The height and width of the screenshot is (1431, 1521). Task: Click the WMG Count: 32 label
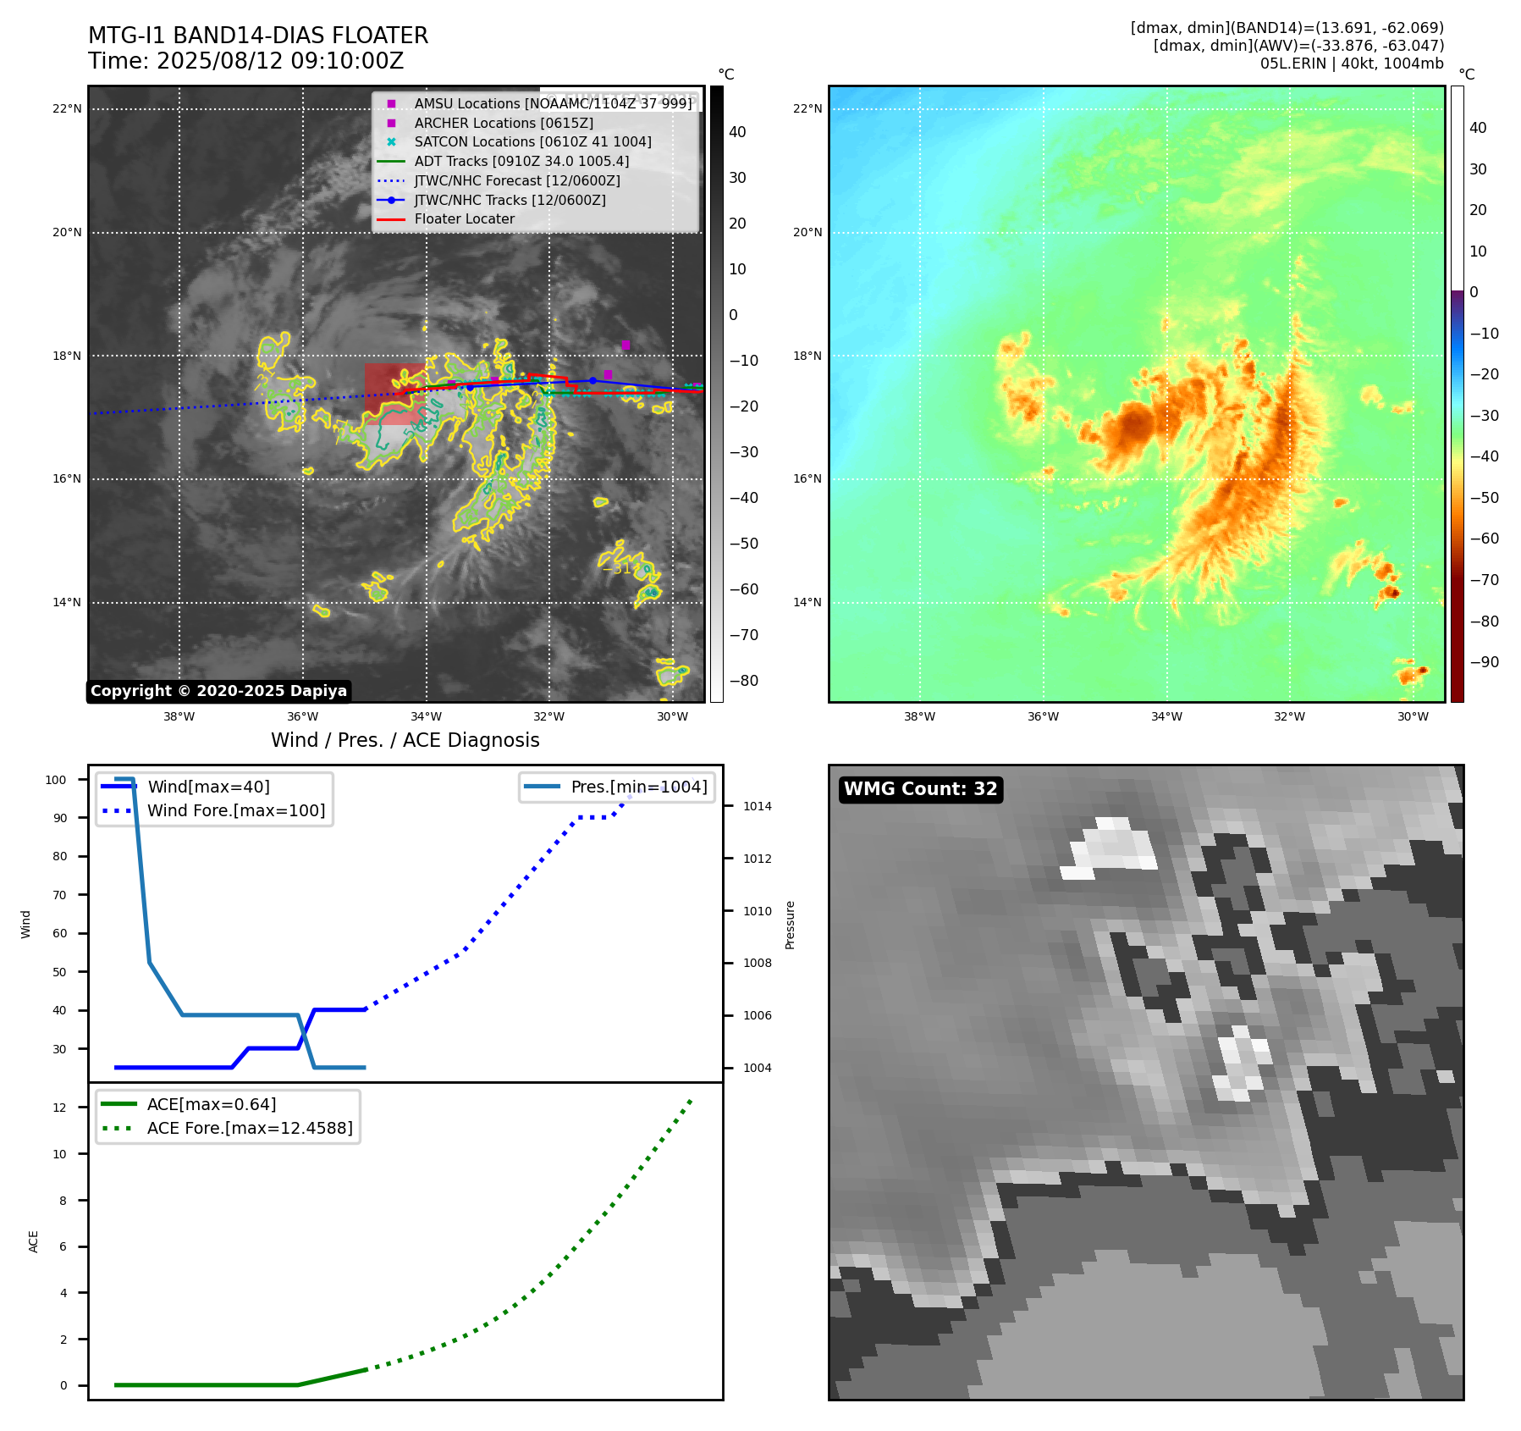[920, 789]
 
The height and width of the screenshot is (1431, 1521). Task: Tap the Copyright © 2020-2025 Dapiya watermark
[218, 691]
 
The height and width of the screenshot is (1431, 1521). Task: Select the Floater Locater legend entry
[464, 219]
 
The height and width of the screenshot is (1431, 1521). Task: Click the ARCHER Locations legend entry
[503, 123]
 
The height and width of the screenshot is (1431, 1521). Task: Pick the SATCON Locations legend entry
[532, 142]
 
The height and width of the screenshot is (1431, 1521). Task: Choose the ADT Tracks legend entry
[521, 161]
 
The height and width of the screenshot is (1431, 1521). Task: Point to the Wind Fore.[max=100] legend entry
[235, 810]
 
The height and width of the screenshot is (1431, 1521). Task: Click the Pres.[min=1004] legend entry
[638, 787]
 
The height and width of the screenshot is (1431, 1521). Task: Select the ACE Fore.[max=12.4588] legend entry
[250, 1128]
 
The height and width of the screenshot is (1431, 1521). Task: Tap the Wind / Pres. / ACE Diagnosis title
[405, 740]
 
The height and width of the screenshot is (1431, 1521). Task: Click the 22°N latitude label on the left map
[68, 108]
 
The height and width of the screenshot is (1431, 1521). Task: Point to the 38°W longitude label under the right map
[919, 716]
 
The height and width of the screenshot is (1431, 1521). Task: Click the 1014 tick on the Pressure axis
[757, 806]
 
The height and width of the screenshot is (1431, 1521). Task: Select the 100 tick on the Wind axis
[56, 780]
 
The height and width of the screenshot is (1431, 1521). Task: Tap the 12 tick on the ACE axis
[59, 1108]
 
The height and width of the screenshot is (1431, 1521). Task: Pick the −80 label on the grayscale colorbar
[744, 681]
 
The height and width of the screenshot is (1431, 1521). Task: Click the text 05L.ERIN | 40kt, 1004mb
[1352, 64]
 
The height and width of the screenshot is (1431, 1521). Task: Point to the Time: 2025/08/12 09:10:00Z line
[245, 61]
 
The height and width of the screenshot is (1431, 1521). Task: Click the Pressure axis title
[790, 925]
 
